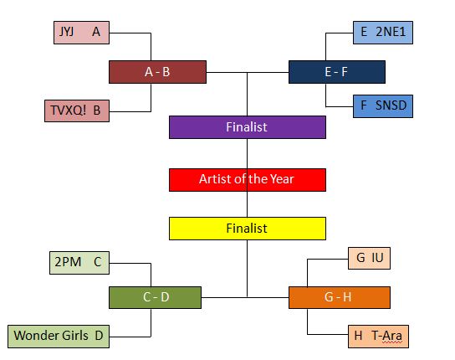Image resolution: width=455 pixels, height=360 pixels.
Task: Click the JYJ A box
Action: (81, 33)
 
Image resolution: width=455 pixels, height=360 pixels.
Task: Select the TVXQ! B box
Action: (77, 111)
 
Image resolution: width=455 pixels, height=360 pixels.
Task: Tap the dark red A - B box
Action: (157, 72)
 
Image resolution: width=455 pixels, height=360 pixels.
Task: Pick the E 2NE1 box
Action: (383, 33)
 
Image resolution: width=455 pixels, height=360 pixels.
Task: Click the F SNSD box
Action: (383, 106)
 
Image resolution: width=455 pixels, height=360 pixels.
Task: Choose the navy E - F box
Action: (337, 72)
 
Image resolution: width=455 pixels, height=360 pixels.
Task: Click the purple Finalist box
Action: (248, 127)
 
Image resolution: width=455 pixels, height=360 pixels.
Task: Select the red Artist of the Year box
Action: (248, 180)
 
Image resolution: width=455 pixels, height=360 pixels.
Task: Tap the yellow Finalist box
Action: (248, 229)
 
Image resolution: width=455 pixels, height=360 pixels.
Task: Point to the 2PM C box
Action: (79, 263)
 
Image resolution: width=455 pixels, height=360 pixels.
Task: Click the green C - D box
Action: (155, 297)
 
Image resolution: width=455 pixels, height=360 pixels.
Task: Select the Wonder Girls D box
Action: (59, 337)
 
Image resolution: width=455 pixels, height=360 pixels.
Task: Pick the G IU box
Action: (369, 259)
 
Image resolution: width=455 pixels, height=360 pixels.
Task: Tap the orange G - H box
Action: (340, 297)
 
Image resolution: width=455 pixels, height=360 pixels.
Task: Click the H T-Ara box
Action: (378, 337)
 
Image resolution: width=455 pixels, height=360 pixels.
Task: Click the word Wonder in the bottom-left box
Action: (36, 336)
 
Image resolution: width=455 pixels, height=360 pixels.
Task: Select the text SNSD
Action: (391, 105)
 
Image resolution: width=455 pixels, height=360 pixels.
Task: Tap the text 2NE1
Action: (391, 32)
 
